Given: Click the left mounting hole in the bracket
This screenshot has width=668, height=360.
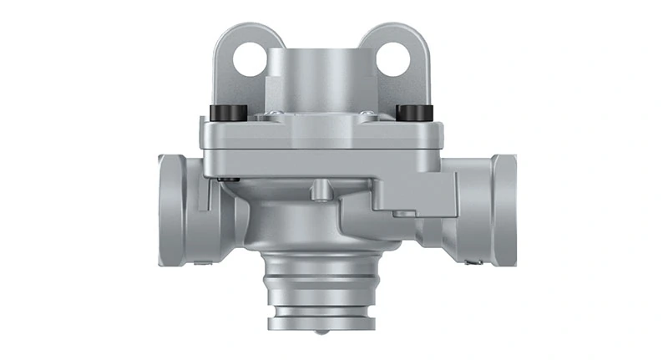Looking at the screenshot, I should point(249,58).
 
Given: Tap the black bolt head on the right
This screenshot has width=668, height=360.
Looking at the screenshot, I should point(412,112).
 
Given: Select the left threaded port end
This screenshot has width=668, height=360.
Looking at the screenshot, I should point(171,208).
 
